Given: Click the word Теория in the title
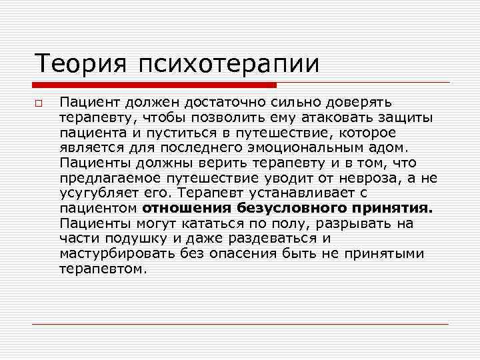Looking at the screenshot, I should pyautogui.click(x=80, y=64).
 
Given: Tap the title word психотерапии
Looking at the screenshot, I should pyautogui.click(x=229, y=65).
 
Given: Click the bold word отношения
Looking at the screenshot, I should pyautogui.click(x=182, y=208).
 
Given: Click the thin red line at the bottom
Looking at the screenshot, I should pyautogui.click(x=240, y=324).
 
